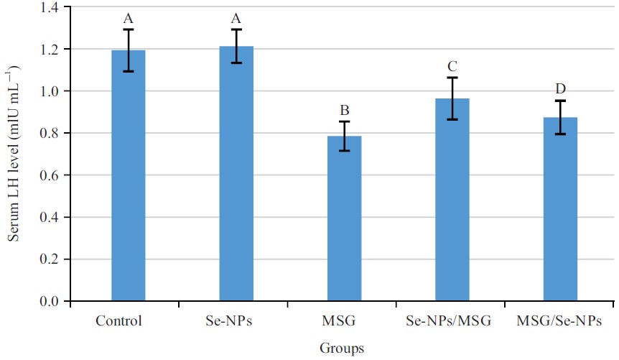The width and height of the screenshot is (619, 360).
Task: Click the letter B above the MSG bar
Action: click(x=345, y=111)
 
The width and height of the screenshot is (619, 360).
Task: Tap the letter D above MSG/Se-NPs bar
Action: click(x=560, y=89)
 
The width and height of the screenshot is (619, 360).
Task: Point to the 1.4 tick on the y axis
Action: click(x=52, y=7)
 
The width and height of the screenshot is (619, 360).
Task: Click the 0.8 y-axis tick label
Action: click(x=52, y=133)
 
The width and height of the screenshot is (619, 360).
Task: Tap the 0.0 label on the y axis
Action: click(x=52, y=301)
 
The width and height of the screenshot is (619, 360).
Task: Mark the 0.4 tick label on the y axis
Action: click(x=52, y=217)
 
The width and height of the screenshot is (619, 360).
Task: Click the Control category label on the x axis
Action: click(x=118, y=320)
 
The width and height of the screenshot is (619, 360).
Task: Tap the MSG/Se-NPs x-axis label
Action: click(x=560, y=320)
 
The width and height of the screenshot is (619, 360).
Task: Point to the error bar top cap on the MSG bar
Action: click(x=345, y=121)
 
